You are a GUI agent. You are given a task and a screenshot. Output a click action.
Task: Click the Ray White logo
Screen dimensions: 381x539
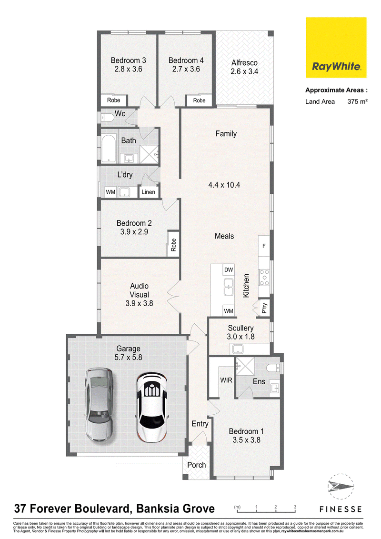(336, 48)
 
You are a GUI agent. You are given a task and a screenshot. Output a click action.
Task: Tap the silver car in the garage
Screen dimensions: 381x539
(100, 405)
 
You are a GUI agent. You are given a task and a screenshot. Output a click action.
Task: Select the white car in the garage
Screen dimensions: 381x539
(152, 408)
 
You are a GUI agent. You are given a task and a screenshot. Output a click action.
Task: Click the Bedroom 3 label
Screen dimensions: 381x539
(128, 60)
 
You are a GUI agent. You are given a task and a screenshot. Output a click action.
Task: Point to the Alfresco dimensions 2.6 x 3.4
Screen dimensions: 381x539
(244, 71)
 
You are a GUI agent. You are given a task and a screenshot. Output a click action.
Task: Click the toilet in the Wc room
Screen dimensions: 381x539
(108, 118)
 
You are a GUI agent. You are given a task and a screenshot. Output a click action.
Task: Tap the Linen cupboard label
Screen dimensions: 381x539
(148, 192)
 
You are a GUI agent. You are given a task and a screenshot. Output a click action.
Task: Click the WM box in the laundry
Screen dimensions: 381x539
(110, 192)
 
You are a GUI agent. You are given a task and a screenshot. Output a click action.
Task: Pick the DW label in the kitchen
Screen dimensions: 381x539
(229, 270)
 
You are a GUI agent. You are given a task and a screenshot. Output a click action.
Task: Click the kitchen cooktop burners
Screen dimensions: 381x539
(264, 278)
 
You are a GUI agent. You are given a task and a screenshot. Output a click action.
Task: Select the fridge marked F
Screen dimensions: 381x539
(264, 246)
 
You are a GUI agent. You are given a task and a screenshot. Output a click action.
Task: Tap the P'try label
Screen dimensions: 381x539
(264, 308)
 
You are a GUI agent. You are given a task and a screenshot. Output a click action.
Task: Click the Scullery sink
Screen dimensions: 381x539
(238, 349)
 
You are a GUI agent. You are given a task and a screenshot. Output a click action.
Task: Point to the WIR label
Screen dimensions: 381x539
(226, 380)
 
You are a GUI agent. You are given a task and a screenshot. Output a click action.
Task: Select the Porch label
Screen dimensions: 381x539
(196, 465)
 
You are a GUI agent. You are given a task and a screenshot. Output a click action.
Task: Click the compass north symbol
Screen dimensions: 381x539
(341, 487)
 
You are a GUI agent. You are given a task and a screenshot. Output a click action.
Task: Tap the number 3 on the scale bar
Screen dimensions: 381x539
(295, 507)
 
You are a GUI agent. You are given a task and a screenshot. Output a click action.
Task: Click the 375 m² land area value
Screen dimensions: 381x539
(357, 101)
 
